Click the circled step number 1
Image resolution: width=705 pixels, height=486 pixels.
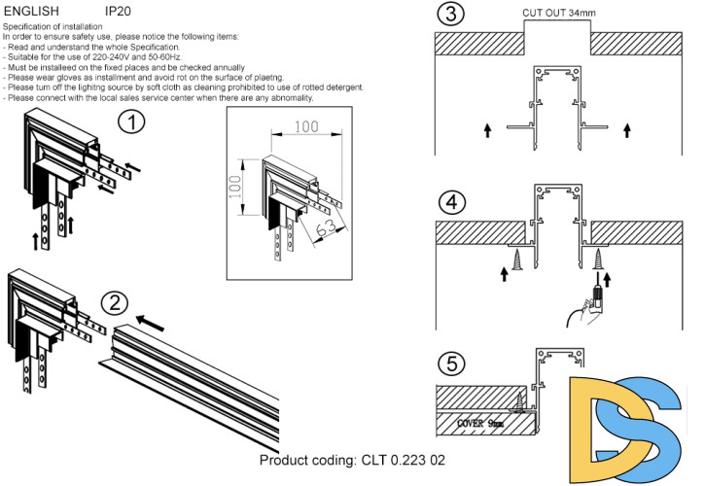click(132, 122)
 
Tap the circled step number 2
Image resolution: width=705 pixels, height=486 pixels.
click(115, 301)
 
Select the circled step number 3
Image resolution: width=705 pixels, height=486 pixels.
click(449, 17)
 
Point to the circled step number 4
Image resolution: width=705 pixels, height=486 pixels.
click(450, 204)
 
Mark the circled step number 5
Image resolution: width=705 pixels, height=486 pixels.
click(450, 365)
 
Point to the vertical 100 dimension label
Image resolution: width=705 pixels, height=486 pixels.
click(234, 189)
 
